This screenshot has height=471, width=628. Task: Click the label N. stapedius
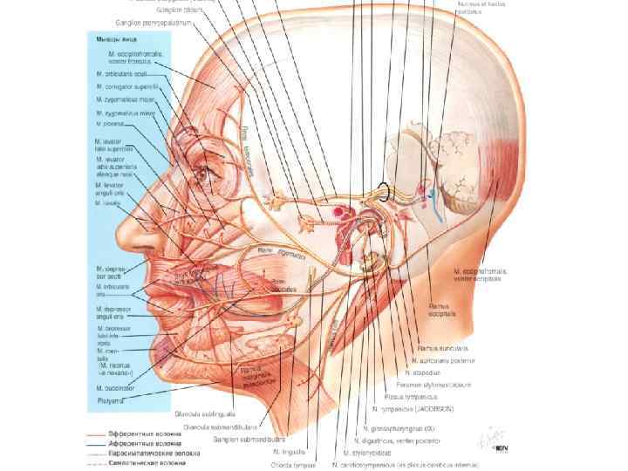pyautogui.click(x=427, y=358)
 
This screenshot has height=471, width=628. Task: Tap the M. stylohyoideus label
pyautogui.click(x=371, y=453)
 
